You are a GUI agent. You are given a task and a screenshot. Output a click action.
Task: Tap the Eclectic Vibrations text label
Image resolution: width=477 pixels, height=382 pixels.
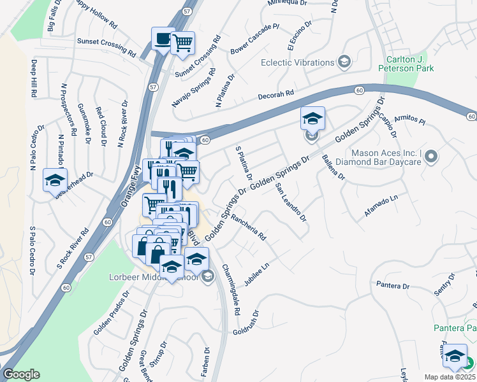pos(298,62)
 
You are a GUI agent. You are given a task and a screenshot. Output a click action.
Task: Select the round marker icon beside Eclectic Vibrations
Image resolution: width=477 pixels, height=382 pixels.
pos(344,62)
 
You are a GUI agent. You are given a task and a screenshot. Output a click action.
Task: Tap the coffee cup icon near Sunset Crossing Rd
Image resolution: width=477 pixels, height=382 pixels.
pos(162,39)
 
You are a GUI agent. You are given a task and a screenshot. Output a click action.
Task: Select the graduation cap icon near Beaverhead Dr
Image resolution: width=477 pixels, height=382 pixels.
pos(55,180)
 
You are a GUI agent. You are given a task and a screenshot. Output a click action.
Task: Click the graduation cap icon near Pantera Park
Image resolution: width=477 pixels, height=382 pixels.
pos(455,356)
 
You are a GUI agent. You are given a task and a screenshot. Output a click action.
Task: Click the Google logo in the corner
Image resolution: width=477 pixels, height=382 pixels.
pos(21,374)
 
